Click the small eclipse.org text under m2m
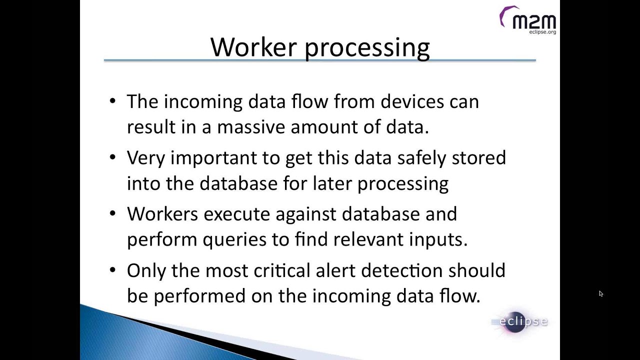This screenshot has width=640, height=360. [542, 32]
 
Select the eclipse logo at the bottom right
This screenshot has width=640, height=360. [520, 321]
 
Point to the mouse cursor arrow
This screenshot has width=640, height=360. [600, 293]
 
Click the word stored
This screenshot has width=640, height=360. [478, 158]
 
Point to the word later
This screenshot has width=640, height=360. [332, 183]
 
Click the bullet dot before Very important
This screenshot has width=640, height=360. [112, 157]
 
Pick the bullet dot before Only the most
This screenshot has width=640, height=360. [112, 270]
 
